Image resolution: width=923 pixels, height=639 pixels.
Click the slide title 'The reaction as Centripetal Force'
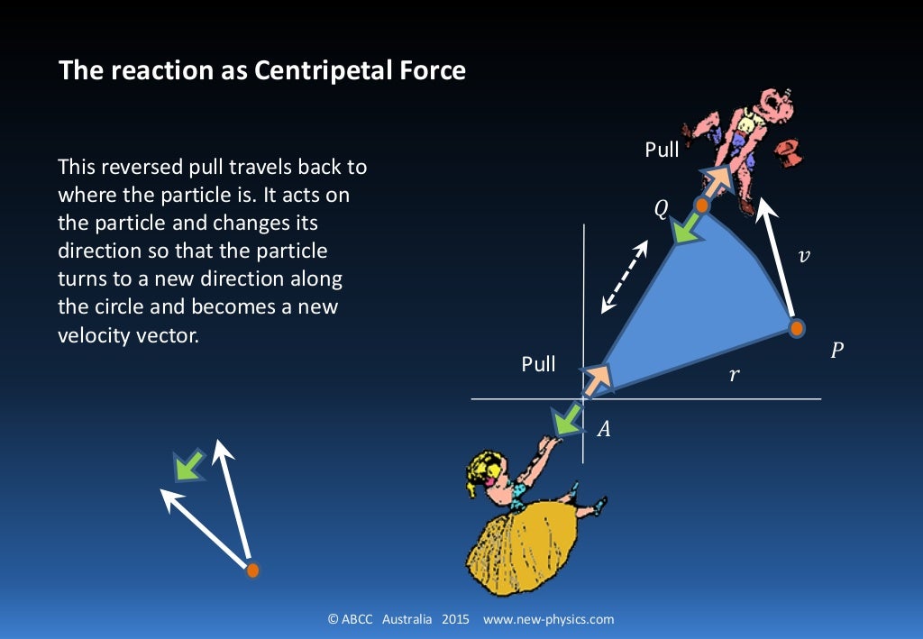262,70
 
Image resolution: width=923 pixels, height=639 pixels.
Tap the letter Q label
661,210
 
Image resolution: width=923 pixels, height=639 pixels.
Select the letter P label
836,350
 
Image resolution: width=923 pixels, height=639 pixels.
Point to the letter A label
604,430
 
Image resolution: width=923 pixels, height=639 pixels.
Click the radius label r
734,373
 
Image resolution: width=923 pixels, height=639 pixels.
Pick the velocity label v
805,256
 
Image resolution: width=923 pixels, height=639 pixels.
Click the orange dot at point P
796,328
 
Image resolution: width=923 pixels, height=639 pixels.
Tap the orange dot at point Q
702,205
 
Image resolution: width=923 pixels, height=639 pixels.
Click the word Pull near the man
662,150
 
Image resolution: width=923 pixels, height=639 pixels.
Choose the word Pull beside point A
538,365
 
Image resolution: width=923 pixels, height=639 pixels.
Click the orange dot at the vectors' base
253,570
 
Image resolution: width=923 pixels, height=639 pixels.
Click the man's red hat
789,151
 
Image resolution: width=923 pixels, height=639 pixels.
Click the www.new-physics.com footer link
548,619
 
